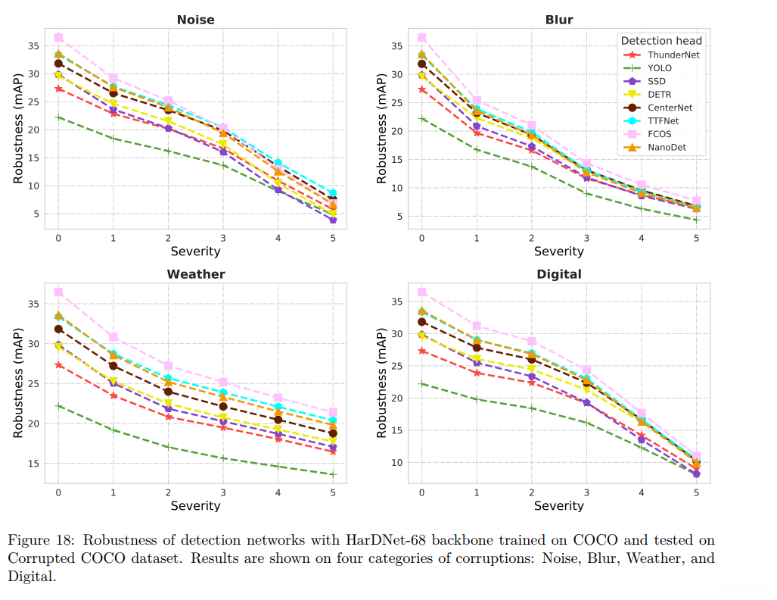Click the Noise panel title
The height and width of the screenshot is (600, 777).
point(196,20)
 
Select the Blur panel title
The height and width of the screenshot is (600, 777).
point(559,20)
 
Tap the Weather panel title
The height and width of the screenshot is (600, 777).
point(196,273)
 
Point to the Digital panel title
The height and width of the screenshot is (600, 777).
point(559,273)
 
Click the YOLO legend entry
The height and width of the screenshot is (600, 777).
point(659,68)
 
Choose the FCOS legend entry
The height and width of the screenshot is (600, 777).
point(659,134)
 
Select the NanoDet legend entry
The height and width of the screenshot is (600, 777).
point(667,148)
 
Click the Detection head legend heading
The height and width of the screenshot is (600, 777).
point(661,40)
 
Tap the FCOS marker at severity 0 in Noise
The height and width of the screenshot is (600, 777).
point(58,37)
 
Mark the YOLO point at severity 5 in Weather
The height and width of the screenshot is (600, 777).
point(333,474)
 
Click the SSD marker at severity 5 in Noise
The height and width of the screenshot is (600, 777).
point(333,220)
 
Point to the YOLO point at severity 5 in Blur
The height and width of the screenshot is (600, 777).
point(696,220)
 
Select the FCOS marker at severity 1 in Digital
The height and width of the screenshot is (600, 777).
point(477,326)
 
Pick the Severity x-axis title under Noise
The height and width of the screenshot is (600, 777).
point(196,251)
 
